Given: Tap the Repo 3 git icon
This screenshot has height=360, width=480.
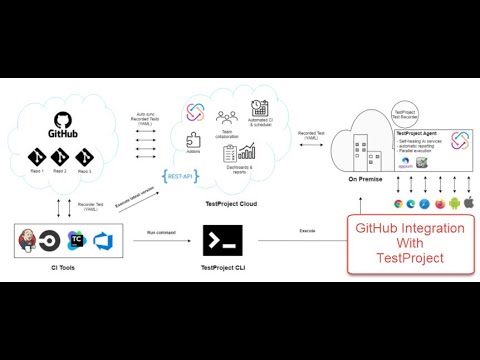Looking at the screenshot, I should (82, 157).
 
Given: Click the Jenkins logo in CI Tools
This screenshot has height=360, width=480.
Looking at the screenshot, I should (30, 240).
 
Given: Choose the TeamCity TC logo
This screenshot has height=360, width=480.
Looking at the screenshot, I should (75, 240).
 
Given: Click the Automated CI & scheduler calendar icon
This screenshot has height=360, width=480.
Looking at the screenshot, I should (260, 108).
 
